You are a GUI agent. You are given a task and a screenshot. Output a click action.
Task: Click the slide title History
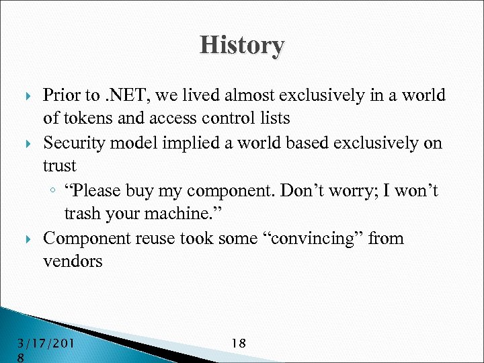[242, 46]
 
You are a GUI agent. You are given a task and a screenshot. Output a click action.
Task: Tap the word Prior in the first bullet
[61, 95]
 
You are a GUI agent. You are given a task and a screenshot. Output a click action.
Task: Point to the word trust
[59, 166]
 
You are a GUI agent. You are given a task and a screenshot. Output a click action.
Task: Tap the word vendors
[73, 261]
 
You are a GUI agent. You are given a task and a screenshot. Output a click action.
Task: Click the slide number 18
[238, 344]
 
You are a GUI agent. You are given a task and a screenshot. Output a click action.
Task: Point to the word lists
[274, 118]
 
